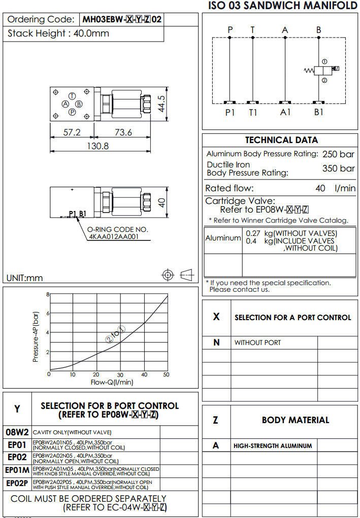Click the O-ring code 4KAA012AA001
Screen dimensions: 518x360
click(118, 235)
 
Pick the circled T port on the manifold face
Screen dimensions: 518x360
click(72, 96)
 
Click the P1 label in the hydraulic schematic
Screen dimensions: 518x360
click(230, 112)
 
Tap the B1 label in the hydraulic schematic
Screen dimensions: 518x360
click(318, 112)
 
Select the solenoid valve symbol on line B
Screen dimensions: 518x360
click(323, 70)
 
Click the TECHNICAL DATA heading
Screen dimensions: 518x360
click(281, 140)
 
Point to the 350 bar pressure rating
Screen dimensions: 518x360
click(338, 168)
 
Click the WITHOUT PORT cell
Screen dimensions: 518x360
click(257, 342)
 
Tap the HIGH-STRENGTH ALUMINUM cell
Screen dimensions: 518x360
click(273, 446)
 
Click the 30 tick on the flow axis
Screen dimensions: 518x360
click(120, 374)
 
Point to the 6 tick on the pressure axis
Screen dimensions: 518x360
click(48, 314)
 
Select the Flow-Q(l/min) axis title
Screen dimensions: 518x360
click(112, 382)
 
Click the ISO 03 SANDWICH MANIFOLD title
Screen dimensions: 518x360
click(283, 6)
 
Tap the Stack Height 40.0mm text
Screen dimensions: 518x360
click(58, 34)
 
